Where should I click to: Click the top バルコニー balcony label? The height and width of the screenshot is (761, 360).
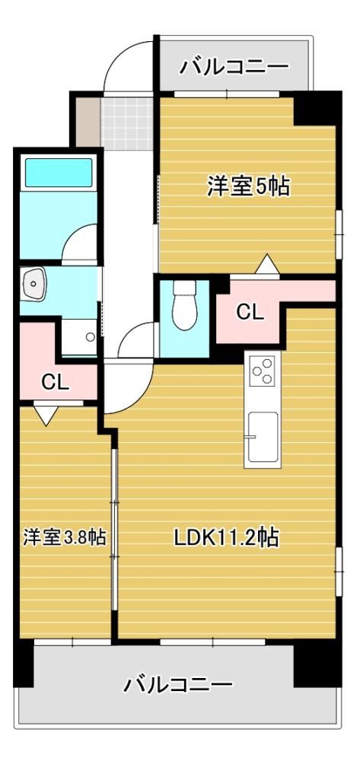point(234,66)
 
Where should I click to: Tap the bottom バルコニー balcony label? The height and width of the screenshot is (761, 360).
point(177,685)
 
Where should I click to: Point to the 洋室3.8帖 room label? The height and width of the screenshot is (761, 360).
point(65,537)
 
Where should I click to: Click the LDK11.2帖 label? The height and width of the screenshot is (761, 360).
point(226,537)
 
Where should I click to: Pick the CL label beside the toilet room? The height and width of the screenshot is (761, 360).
point(250,313)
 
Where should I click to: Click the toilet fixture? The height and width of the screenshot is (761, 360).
point(184,306)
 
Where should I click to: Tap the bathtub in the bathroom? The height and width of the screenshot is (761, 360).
point(58,172)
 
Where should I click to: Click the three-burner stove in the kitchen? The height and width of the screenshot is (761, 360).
point(262,371)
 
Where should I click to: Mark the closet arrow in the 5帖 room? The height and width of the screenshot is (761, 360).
point(267,265)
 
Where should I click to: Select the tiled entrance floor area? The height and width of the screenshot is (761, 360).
point(127,124)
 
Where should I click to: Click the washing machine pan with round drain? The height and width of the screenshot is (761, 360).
point(79,337)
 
